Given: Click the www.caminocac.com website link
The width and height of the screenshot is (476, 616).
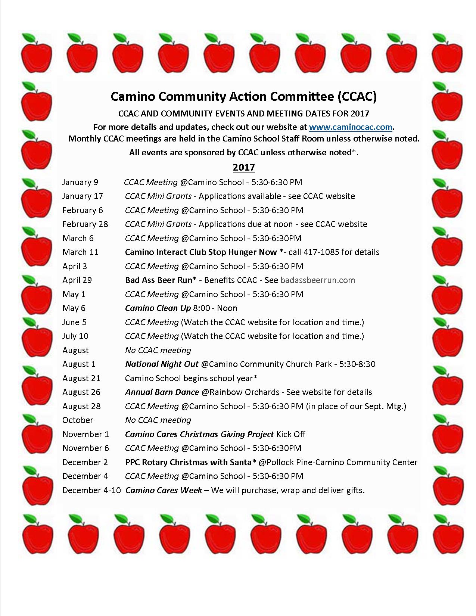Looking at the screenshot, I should point(351,127).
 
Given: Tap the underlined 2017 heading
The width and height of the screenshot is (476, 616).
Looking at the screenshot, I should point(244,167).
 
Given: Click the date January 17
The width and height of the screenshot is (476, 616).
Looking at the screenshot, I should point(83,196).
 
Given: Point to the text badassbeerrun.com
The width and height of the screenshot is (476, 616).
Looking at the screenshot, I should point(317,280).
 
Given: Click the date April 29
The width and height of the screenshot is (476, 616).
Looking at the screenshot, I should point(77,280).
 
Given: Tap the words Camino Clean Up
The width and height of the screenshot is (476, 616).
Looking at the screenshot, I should point(158,308).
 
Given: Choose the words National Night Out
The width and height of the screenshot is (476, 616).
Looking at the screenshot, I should point(162,364).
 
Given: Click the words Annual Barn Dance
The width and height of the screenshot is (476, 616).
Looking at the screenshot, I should point(162,392).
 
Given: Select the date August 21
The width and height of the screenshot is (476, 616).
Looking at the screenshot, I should point(81,378).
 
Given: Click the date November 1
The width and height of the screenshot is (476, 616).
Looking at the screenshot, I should point(85,434).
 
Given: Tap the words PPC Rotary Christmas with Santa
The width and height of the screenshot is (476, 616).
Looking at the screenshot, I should point(190,462).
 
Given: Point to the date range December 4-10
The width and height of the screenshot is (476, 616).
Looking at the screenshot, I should point(91,490).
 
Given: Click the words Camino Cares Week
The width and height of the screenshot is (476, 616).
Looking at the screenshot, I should point(164,490).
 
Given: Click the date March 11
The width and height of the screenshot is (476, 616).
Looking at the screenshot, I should point(80,252).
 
